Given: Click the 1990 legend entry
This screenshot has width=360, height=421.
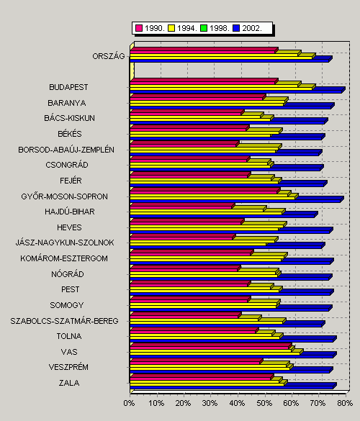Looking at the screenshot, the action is (x=150, y=28).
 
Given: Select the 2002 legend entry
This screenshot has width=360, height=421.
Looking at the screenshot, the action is (x=247, y=28).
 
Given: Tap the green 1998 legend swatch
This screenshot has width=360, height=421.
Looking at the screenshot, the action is (x=204, y=28).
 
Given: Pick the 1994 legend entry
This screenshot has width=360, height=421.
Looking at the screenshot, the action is (x=182, y=28).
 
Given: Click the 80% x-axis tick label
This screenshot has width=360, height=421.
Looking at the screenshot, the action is (x=345, y=403).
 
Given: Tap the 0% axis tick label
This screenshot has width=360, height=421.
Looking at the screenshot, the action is (x=129, y=403).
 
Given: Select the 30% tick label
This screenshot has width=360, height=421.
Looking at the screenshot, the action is (x=210, y=403).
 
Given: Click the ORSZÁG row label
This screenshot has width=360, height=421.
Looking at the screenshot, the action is (x=109, y=56).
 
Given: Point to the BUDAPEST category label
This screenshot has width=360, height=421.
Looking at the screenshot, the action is (x=68, y=87).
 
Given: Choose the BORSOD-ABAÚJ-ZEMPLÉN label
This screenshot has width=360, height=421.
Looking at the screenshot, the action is (x=66, y=150).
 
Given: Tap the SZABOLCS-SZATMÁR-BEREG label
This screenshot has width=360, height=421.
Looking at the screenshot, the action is (x=64, y=321).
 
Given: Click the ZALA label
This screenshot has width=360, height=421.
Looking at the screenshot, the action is (x=69, y=383).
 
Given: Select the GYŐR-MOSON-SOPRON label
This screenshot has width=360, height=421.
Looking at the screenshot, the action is (x=65, y=196).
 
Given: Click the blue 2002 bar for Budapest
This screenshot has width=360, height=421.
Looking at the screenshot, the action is (x=237, y=90).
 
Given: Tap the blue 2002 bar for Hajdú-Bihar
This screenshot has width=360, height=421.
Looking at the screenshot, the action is (x=223, y=214).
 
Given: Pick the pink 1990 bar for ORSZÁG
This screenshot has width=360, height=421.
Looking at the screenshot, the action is (x=204, y=50).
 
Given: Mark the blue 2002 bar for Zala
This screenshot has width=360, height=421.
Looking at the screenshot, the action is (x=233, y=386).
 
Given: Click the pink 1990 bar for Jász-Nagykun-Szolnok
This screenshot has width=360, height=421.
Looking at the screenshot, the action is (x=183, y=237).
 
